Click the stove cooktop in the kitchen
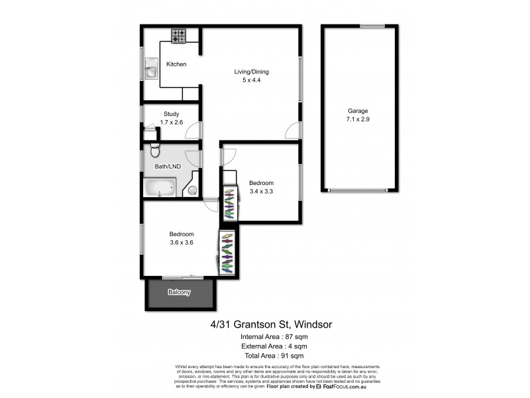[179, 36]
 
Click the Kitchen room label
[176, 64]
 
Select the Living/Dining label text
[251, 72]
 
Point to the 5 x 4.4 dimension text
[251, 80]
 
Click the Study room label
[172, 114]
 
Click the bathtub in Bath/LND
[159, 188]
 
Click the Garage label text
[358, 111]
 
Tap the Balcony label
[180, 292]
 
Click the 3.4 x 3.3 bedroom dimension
[261, 191]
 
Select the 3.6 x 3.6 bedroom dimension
[182, 243]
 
